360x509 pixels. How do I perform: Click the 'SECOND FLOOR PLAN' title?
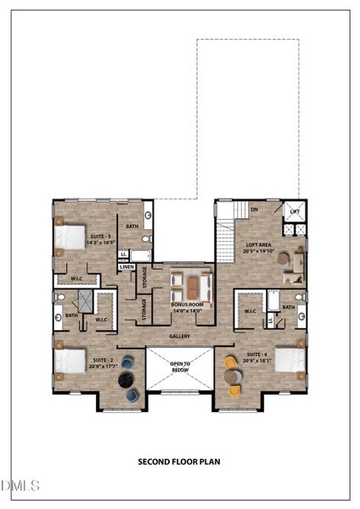[179, 462]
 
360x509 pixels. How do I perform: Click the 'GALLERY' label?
[179, 337]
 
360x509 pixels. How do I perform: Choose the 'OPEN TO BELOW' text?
[179, 366]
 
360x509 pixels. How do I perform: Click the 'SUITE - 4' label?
[257, 357]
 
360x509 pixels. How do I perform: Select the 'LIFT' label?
[295, 211]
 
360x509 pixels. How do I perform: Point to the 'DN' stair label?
[254, 209]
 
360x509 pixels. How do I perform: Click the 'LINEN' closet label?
[127, 267]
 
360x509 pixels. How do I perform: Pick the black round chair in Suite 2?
[127, 362]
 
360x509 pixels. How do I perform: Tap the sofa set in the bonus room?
[190, 284]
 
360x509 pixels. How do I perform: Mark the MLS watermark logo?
[21, 485]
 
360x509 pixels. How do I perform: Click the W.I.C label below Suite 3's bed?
[76, 278]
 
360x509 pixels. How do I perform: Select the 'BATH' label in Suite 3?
[132, 227]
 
